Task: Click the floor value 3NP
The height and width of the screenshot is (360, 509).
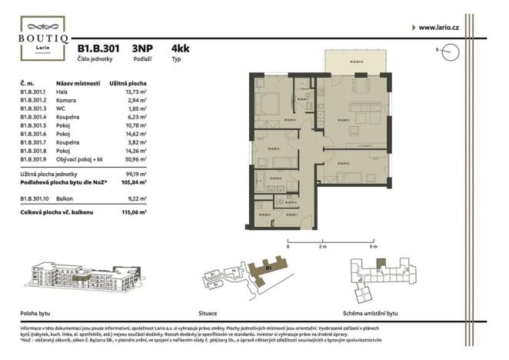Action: [x=142, y=48]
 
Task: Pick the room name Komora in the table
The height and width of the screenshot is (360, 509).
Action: [x=66, y=101]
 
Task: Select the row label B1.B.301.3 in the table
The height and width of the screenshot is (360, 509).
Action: [x=34, y=109]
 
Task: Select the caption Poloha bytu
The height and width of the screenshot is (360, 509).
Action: [x=35, y=314]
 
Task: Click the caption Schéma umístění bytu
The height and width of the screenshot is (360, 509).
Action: [x=372, y=314]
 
